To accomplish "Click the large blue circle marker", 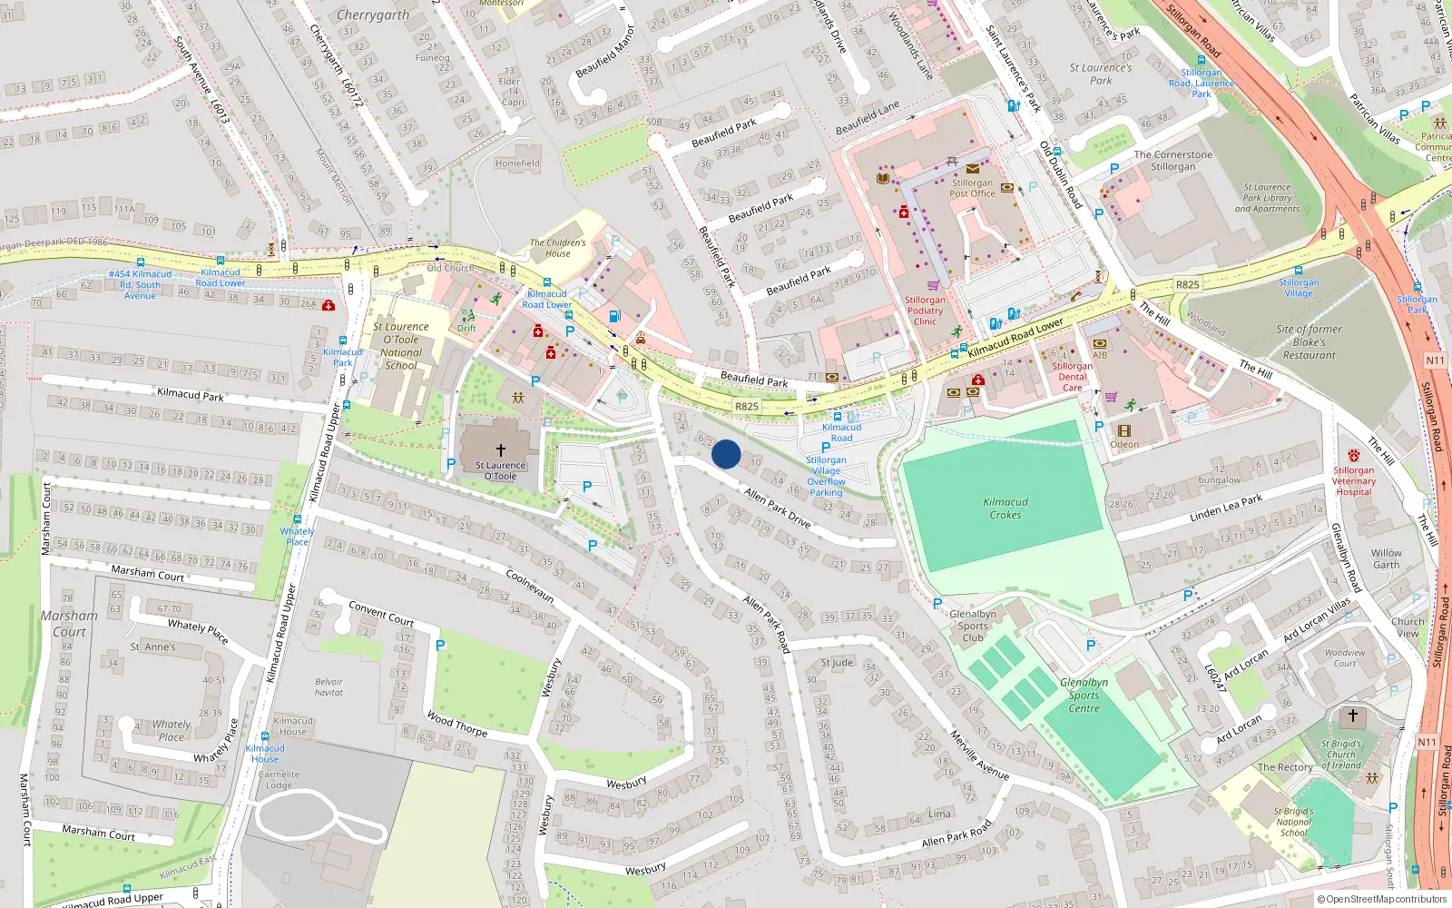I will click(x=726, y=454).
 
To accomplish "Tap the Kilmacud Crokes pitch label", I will click(x=1006, y=508).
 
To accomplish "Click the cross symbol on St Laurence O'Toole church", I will click(x=500, y=449).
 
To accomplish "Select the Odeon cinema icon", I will click(x=1124, y=430).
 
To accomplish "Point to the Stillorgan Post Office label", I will click(x=972, y=188).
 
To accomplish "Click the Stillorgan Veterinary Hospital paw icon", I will click(x=1354, y=456).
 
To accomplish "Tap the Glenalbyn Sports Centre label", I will click(x=1084, y=696).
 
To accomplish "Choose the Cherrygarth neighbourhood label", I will click(x=372, y=15).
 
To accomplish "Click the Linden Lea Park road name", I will click(x=1225, y=508).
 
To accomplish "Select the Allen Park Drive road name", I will click(x=777, y=508).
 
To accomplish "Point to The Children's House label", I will click(x=558, y=248).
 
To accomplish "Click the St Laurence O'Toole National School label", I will click(x=401, y=346).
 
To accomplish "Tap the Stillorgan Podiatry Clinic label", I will click(x=925, y=311).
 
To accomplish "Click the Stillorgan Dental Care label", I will click(x=1072, y=377).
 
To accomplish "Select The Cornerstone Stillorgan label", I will click(x=1172, y=161).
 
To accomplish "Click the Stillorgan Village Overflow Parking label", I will click(x=826, y=476).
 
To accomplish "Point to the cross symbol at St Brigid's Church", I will click(x=1352, y=716).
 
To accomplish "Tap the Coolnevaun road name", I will click(x=530, y=586).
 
